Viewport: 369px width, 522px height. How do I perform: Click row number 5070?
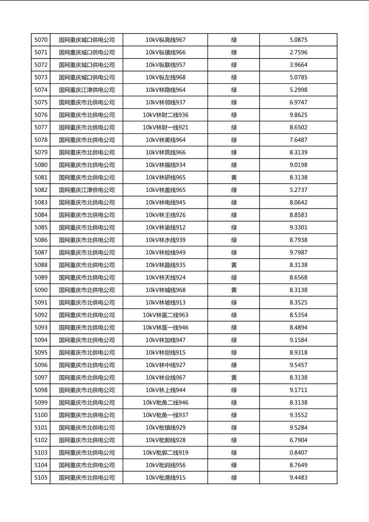(x=41, y=40)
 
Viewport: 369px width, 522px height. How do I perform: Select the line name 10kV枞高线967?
(x=165, y=40)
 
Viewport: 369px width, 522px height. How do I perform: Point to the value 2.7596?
(x=298, y=53)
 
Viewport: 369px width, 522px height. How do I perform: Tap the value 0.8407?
(x=298, y=453)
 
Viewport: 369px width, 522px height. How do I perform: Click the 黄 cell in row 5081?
(x=234, y=177)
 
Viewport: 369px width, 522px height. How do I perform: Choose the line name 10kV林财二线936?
(x=165, y=115)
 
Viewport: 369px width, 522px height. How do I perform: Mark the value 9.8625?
(x=298, y=115)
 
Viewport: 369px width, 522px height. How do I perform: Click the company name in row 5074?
(x=86, y=90)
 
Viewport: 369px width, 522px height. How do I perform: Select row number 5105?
(x=41, y=478)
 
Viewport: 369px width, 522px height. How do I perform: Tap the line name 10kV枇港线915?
(x=165, y=478)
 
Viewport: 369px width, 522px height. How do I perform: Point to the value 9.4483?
(x=298, y=478)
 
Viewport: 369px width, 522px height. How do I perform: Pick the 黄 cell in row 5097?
(x=234, y=378)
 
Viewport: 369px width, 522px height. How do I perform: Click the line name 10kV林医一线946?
(x=165, y=328)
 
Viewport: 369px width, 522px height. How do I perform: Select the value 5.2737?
(x=298, y=190)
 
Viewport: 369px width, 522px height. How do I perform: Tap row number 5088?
(x=41, y=265)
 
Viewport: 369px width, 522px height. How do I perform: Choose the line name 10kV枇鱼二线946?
(x=165, y=402)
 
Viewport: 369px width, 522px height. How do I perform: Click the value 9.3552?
(x=298, y=415)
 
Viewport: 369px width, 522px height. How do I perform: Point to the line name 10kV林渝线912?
(x=165, y=227)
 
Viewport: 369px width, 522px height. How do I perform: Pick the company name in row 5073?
(x=86, y=77)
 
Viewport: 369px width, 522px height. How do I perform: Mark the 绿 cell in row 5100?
(x=234, y=415)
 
